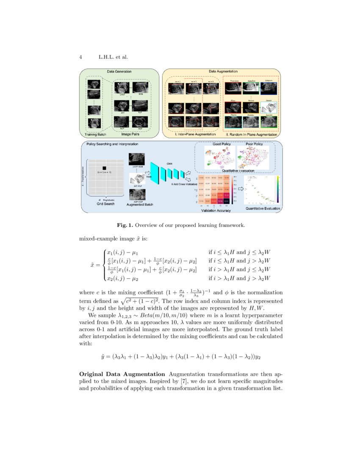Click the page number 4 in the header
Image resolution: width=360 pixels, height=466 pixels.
tap(81, 57)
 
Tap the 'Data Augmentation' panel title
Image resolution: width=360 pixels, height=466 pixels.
tap(222, 71)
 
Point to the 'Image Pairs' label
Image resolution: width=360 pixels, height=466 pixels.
tap(131, 135)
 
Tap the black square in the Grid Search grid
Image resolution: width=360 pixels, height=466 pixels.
tap(104, 168)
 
